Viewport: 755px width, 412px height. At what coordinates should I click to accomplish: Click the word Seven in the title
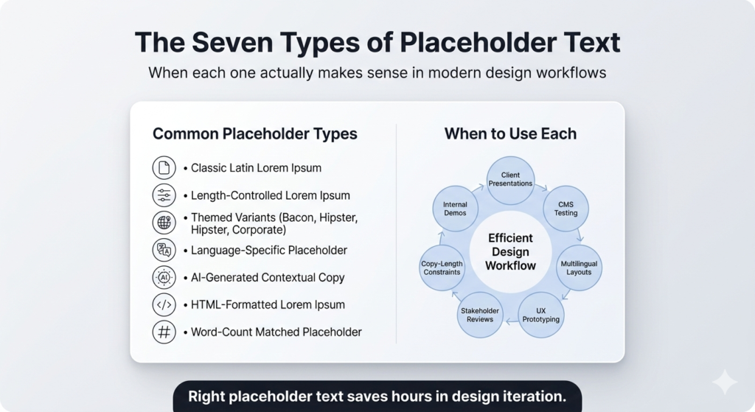[x=227, y=42]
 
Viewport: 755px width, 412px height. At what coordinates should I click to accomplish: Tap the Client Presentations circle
[x=510, y=180]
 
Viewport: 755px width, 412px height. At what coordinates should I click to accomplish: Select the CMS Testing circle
[x=566, y=209]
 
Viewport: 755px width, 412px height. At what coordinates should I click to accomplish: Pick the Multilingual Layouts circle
[x=579, y=268]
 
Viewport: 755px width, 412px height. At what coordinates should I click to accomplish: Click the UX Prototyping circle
[x=540, y=315]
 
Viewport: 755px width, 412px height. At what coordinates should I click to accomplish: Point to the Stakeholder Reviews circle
[x=480, y=315]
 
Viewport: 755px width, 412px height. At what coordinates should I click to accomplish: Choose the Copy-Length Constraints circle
[x=442, y=268]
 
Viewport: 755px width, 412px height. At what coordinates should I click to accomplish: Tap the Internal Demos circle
[x=455, y=209]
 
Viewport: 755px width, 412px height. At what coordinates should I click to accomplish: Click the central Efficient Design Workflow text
[x=510, y=252]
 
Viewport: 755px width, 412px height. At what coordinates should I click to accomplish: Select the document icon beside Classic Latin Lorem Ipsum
[x=164, y=168]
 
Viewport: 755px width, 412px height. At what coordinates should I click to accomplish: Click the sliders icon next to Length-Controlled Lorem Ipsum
[x=164, y=195]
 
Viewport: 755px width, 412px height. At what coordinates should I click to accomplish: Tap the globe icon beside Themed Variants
[x=164, y=223]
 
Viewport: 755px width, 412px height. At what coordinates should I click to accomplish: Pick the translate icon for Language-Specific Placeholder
[x=164, y=251]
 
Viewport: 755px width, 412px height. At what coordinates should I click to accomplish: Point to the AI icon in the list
[x=164, y=278]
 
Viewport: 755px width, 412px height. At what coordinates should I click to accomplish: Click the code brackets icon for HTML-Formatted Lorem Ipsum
[x=164, y=304]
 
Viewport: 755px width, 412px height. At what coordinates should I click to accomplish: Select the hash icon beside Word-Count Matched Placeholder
[x=164, y=332]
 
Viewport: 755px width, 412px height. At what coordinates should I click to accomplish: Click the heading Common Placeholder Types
[x=254, y=134]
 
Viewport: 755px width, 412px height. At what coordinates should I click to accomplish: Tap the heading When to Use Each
[x=510, y=133]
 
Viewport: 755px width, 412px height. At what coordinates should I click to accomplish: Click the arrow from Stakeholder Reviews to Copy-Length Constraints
[x=455, y=294]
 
